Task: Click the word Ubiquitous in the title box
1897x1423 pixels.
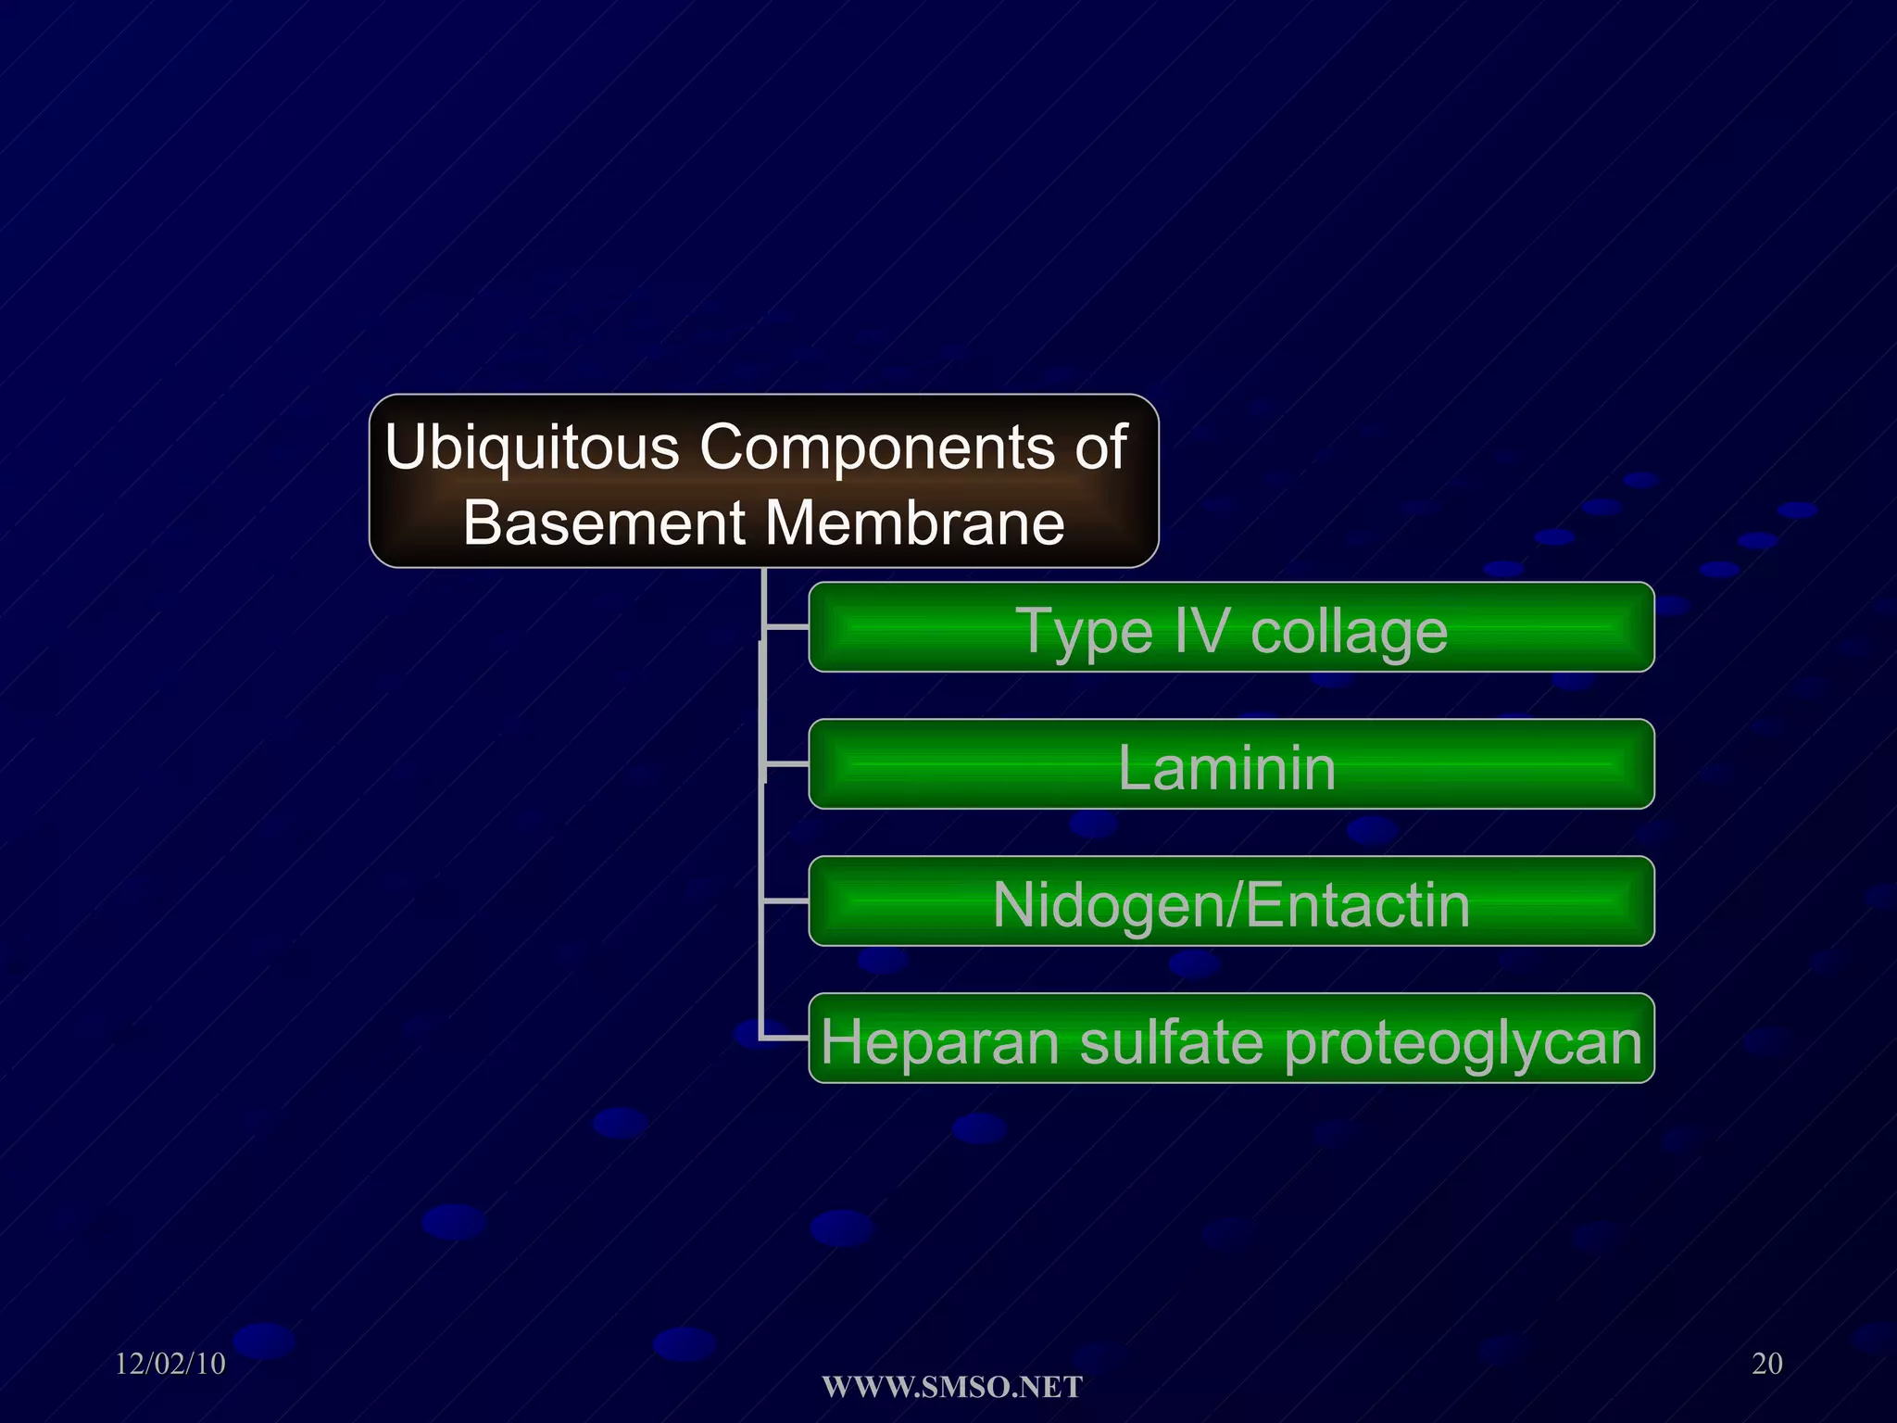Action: coord(533,447)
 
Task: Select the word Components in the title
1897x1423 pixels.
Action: coord(875,447)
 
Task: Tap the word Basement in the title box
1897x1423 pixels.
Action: coord(604,523)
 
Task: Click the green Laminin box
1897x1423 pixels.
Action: coord(1230,765)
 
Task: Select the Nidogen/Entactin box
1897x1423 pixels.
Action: coord(1230,902)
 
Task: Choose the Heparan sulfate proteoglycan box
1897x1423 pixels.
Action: coord(1230,1039)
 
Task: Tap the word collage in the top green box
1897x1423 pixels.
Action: coord(1349,633)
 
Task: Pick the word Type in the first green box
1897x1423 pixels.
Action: coord(1086,633)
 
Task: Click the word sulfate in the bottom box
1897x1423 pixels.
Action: coord(1171,1042)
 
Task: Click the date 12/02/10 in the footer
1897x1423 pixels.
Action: coord(170,1364)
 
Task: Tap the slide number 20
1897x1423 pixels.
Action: coord(1766,1364)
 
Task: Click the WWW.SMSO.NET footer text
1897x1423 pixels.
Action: coord(952,1387)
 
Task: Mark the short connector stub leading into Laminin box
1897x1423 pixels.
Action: coord(786,764)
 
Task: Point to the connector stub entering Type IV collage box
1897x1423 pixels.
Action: coord(786,627)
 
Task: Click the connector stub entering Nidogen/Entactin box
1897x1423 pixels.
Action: coord(786,900)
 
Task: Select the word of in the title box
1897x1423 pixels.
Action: coord(1100,447)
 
